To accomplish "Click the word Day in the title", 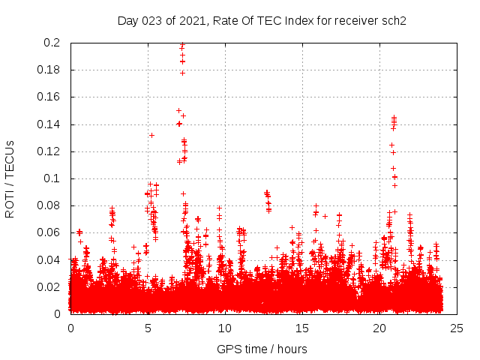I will coord(127,20).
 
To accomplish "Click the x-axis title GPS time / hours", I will coord(262,349).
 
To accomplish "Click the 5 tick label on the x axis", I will coord(148,328).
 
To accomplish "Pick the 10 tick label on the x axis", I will coord(225,328).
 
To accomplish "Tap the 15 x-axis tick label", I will coord(302,328).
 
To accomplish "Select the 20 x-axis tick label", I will coord(379,328).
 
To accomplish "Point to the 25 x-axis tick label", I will coord(457,328).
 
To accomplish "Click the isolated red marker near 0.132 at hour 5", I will coord(151,135).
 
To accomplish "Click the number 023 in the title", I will coord(151,20).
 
